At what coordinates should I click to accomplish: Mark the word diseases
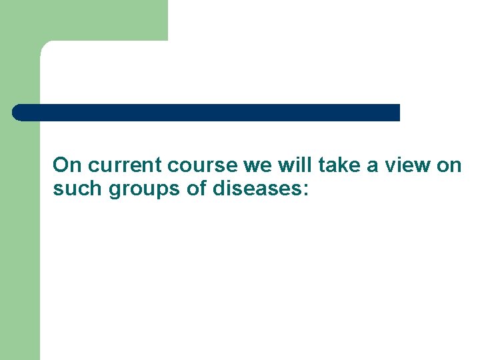pyautogui.click(x=256, y=189)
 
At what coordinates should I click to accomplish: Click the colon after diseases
pyautogui.click(x=305, y=191)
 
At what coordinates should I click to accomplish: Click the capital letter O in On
pyautogui.click(x=61, y=165)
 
